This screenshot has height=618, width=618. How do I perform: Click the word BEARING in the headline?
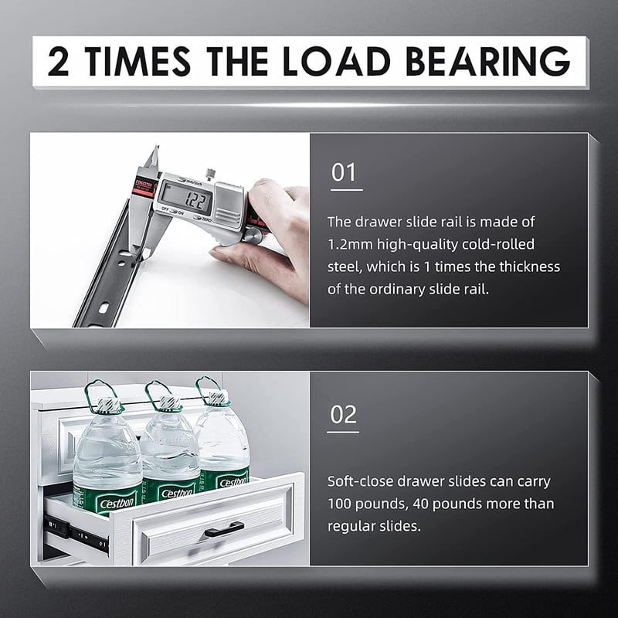(x=488, y=61)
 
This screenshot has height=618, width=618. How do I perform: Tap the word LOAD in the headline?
(x=336, y=61)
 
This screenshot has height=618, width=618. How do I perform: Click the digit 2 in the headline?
(x=58, y=61)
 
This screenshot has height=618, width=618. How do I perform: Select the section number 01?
(x=344, y=172)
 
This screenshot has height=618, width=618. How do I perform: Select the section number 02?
(x=343, y=415)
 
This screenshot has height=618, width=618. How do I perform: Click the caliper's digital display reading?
(x=195, y=201)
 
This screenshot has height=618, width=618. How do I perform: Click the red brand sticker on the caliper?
(x=145, y=187)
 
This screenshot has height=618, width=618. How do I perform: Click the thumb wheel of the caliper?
(x=253, y=235)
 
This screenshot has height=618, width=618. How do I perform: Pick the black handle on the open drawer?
(x=222, y=530)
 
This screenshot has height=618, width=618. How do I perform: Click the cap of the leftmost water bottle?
(x=108, y=405)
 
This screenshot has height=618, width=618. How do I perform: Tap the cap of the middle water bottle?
(x=170, y=402)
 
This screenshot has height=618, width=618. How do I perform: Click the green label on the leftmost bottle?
(x=108, y=498)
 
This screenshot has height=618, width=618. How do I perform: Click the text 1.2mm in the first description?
(x=350, y=244)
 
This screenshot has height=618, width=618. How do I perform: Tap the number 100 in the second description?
(x=341, y=504)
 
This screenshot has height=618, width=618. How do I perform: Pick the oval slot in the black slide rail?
(x=104, y=307)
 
